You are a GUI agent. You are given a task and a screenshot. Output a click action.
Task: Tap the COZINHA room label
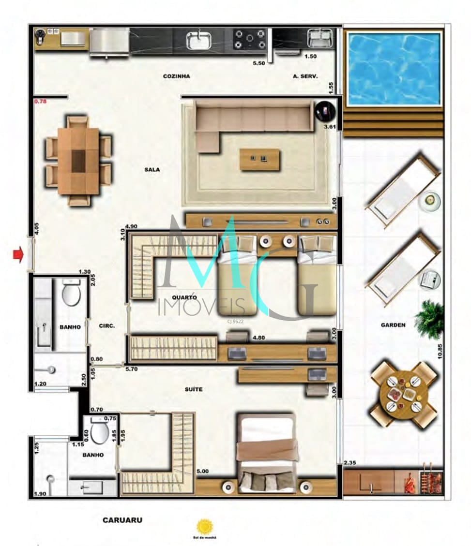point(176,76)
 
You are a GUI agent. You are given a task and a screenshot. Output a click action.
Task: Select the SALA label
point(152,170)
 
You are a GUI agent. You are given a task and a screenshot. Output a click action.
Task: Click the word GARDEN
point(393,325)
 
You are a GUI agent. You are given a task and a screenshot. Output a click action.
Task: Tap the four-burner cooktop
point(250,40)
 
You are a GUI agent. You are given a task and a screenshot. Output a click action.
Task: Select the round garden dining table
point(404,394)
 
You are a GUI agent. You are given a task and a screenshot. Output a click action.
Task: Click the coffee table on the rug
point(260,159)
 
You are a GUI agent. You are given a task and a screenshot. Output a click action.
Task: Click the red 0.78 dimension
point(40,102)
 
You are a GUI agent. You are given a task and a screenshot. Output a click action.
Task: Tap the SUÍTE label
point(193,389)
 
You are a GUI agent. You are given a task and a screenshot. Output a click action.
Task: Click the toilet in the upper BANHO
point(71,293)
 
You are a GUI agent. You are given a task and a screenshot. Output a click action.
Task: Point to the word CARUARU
point(122,520)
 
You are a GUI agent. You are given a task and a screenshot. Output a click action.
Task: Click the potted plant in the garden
point(429,319)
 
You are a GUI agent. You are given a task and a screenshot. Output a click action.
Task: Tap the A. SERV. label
point(305,76)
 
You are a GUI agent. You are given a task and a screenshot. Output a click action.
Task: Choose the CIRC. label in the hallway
point(106,326)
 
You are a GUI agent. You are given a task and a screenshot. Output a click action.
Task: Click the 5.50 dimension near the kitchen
point(260,63)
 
